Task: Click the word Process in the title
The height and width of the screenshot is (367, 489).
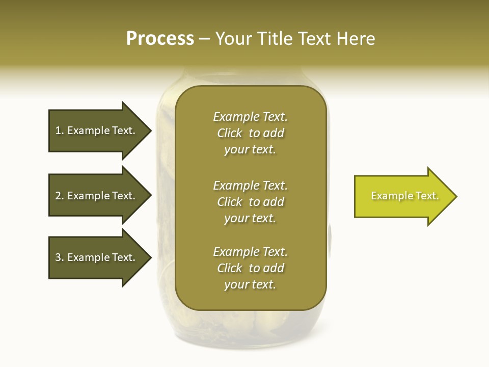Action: (160, 39)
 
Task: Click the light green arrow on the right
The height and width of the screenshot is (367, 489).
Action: (402, 196)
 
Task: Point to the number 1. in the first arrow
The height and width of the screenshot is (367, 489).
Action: (60, 130)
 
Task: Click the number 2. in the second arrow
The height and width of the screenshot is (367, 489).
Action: (60, 196)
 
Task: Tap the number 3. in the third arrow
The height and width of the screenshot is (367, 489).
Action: (60, 257)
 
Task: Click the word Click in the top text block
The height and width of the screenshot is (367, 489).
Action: (230, 133)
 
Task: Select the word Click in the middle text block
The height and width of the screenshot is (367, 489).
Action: (230, 202)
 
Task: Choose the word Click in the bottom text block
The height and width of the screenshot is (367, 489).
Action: (230, 268)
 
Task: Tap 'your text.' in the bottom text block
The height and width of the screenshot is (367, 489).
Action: (250, 284)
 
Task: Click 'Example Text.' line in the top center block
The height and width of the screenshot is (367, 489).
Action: (250, 117)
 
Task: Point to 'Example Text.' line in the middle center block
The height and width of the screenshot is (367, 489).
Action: (250, 186)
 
